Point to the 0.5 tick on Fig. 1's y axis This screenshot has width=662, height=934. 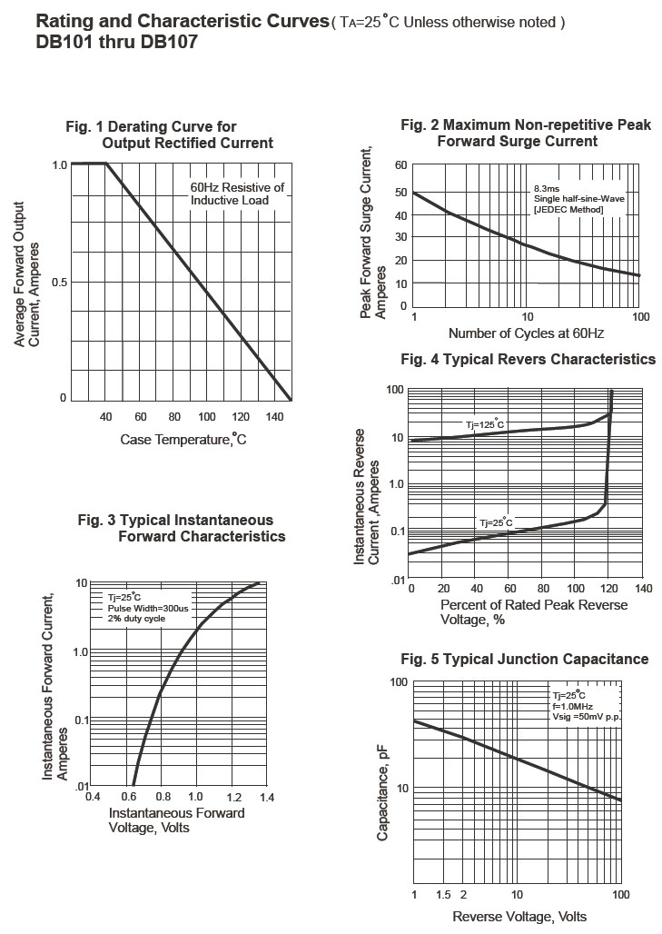[x=59, y=282]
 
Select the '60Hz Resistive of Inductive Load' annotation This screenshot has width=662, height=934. [x=237, y=194]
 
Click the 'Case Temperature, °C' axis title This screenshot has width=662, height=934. [x=183, y=440]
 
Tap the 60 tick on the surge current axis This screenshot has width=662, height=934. [x=400, y=164]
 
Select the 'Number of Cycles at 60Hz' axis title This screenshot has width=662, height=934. [x=526, y=333]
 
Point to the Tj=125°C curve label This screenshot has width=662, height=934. [x=485, y=424]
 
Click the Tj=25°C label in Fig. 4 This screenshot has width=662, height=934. [x=496, y=522]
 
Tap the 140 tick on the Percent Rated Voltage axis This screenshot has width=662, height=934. [x=643, y=588]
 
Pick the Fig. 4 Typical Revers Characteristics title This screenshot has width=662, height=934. [x=528, y=360]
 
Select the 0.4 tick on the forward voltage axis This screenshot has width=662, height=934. [x=93, y=797]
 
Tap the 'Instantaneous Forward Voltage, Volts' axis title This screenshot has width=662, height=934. [x=176, y=820]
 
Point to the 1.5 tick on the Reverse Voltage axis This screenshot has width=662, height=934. [x=443, y=895]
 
